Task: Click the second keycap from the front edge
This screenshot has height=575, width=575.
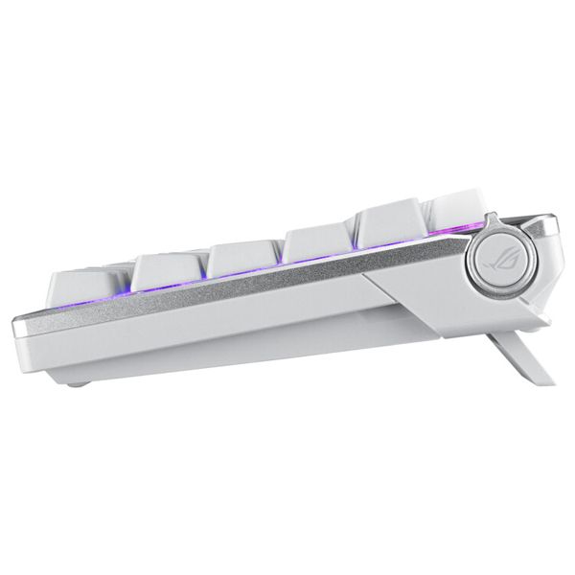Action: (x=168, y=274)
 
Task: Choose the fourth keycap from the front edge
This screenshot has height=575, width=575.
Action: (x=319, y=244)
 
